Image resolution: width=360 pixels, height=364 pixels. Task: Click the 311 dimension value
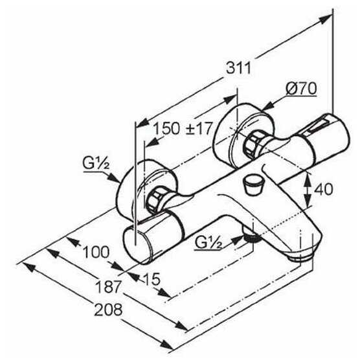point(239,68)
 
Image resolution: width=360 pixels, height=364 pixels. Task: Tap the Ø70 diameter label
point(301,89)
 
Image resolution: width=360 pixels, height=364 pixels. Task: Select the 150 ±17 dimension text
point(183,129)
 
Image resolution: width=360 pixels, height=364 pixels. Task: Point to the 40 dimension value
point(323,189)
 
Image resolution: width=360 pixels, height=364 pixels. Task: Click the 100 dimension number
point(96,252)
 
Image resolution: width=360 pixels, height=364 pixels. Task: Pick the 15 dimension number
point(152,279)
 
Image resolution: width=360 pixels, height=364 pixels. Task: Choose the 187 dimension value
point(109,287)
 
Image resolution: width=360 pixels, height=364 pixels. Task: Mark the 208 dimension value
point(108,310)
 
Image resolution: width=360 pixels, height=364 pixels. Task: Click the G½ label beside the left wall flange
point(96,163)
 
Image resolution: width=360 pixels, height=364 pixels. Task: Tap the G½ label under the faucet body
point(208,243)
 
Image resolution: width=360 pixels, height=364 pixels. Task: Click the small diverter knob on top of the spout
point(253,185)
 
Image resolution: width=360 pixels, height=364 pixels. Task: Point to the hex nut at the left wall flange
point(154,199)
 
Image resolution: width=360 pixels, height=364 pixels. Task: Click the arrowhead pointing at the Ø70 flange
point(267,106)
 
